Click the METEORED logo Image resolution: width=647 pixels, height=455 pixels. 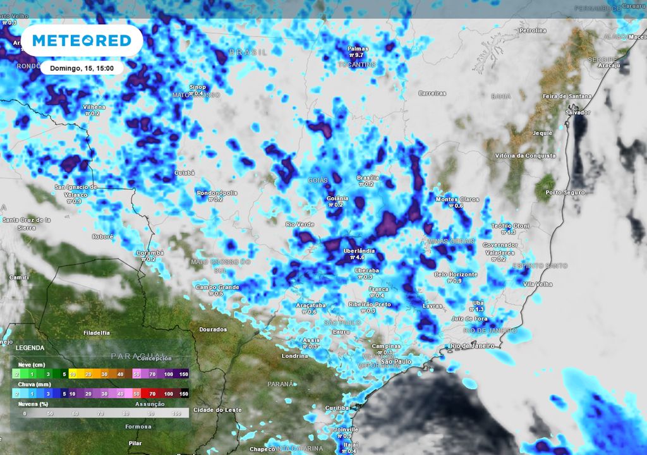[x=82, y=41]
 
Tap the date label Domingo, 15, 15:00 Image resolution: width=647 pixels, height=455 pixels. [x=82, y=68]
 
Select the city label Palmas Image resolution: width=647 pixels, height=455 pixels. [x=357, y=48]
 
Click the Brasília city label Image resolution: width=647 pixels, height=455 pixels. [x=368, y=178]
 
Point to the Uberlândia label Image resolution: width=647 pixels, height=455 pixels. [x=359, y=251]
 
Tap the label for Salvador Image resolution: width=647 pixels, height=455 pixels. [x=577, y=112]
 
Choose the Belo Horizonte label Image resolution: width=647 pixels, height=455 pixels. [x=456, y=274]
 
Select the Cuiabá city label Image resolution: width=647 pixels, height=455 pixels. [x=184, y=173]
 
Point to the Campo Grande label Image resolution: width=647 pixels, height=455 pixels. [x=217, y=287]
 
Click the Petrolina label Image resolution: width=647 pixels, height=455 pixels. [x=532, y=30]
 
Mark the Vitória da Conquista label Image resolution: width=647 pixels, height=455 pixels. [x=525, y=155]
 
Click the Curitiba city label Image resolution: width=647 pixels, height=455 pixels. [x=337, y=408]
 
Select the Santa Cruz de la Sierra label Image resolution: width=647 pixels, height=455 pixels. [x=27, y=223]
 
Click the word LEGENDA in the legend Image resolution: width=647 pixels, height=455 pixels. [x=30, y=348]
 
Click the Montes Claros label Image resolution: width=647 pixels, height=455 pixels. [x=457, y=200]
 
